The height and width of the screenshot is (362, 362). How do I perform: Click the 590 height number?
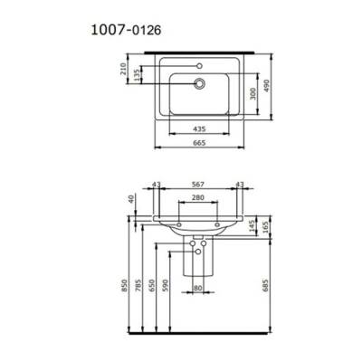tap(166, 287)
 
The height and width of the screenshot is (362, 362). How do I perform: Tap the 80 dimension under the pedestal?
tap(198, 290)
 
